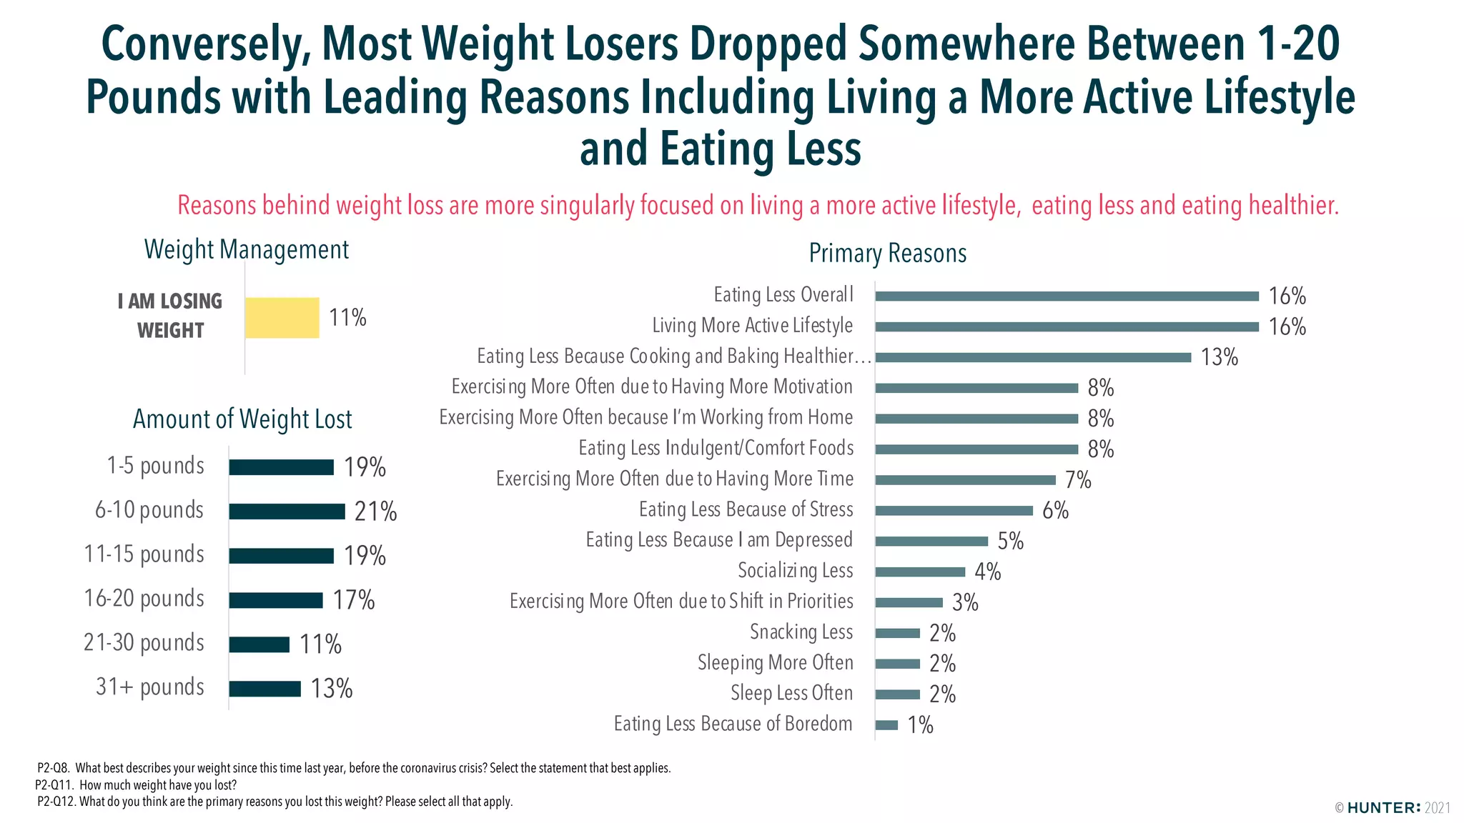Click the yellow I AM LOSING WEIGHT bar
[282, 318]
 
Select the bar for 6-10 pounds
[287, 512]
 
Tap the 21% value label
[375, 512]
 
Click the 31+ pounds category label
[150, 687]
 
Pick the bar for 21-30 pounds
[259, 644]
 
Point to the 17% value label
[354, 600]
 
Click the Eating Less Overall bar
[1067, 296]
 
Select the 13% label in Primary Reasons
[1219, 357]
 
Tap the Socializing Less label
[795, 571]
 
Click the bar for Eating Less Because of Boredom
[886, 725]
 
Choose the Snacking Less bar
[897, 633]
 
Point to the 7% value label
[1078, 480]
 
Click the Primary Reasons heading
[887, 254]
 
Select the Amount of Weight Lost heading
[242, 419]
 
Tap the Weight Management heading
[246, 249]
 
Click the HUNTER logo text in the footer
[1383, 808]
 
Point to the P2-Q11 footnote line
[136, 785]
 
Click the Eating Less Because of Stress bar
[954, 511]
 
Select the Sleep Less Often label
[791, 694]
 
